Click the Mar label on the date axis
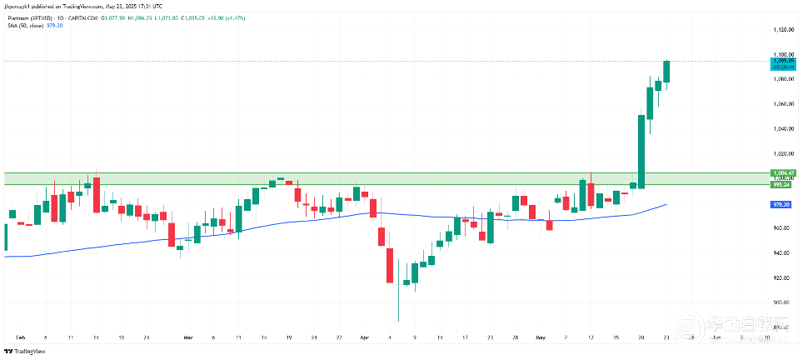click(x=187, y=337)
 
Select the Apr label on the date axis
click(x=363, y=337)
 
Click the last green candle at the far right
click(x=667, y=72)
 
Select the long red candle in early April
click(x=389, y=265)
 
